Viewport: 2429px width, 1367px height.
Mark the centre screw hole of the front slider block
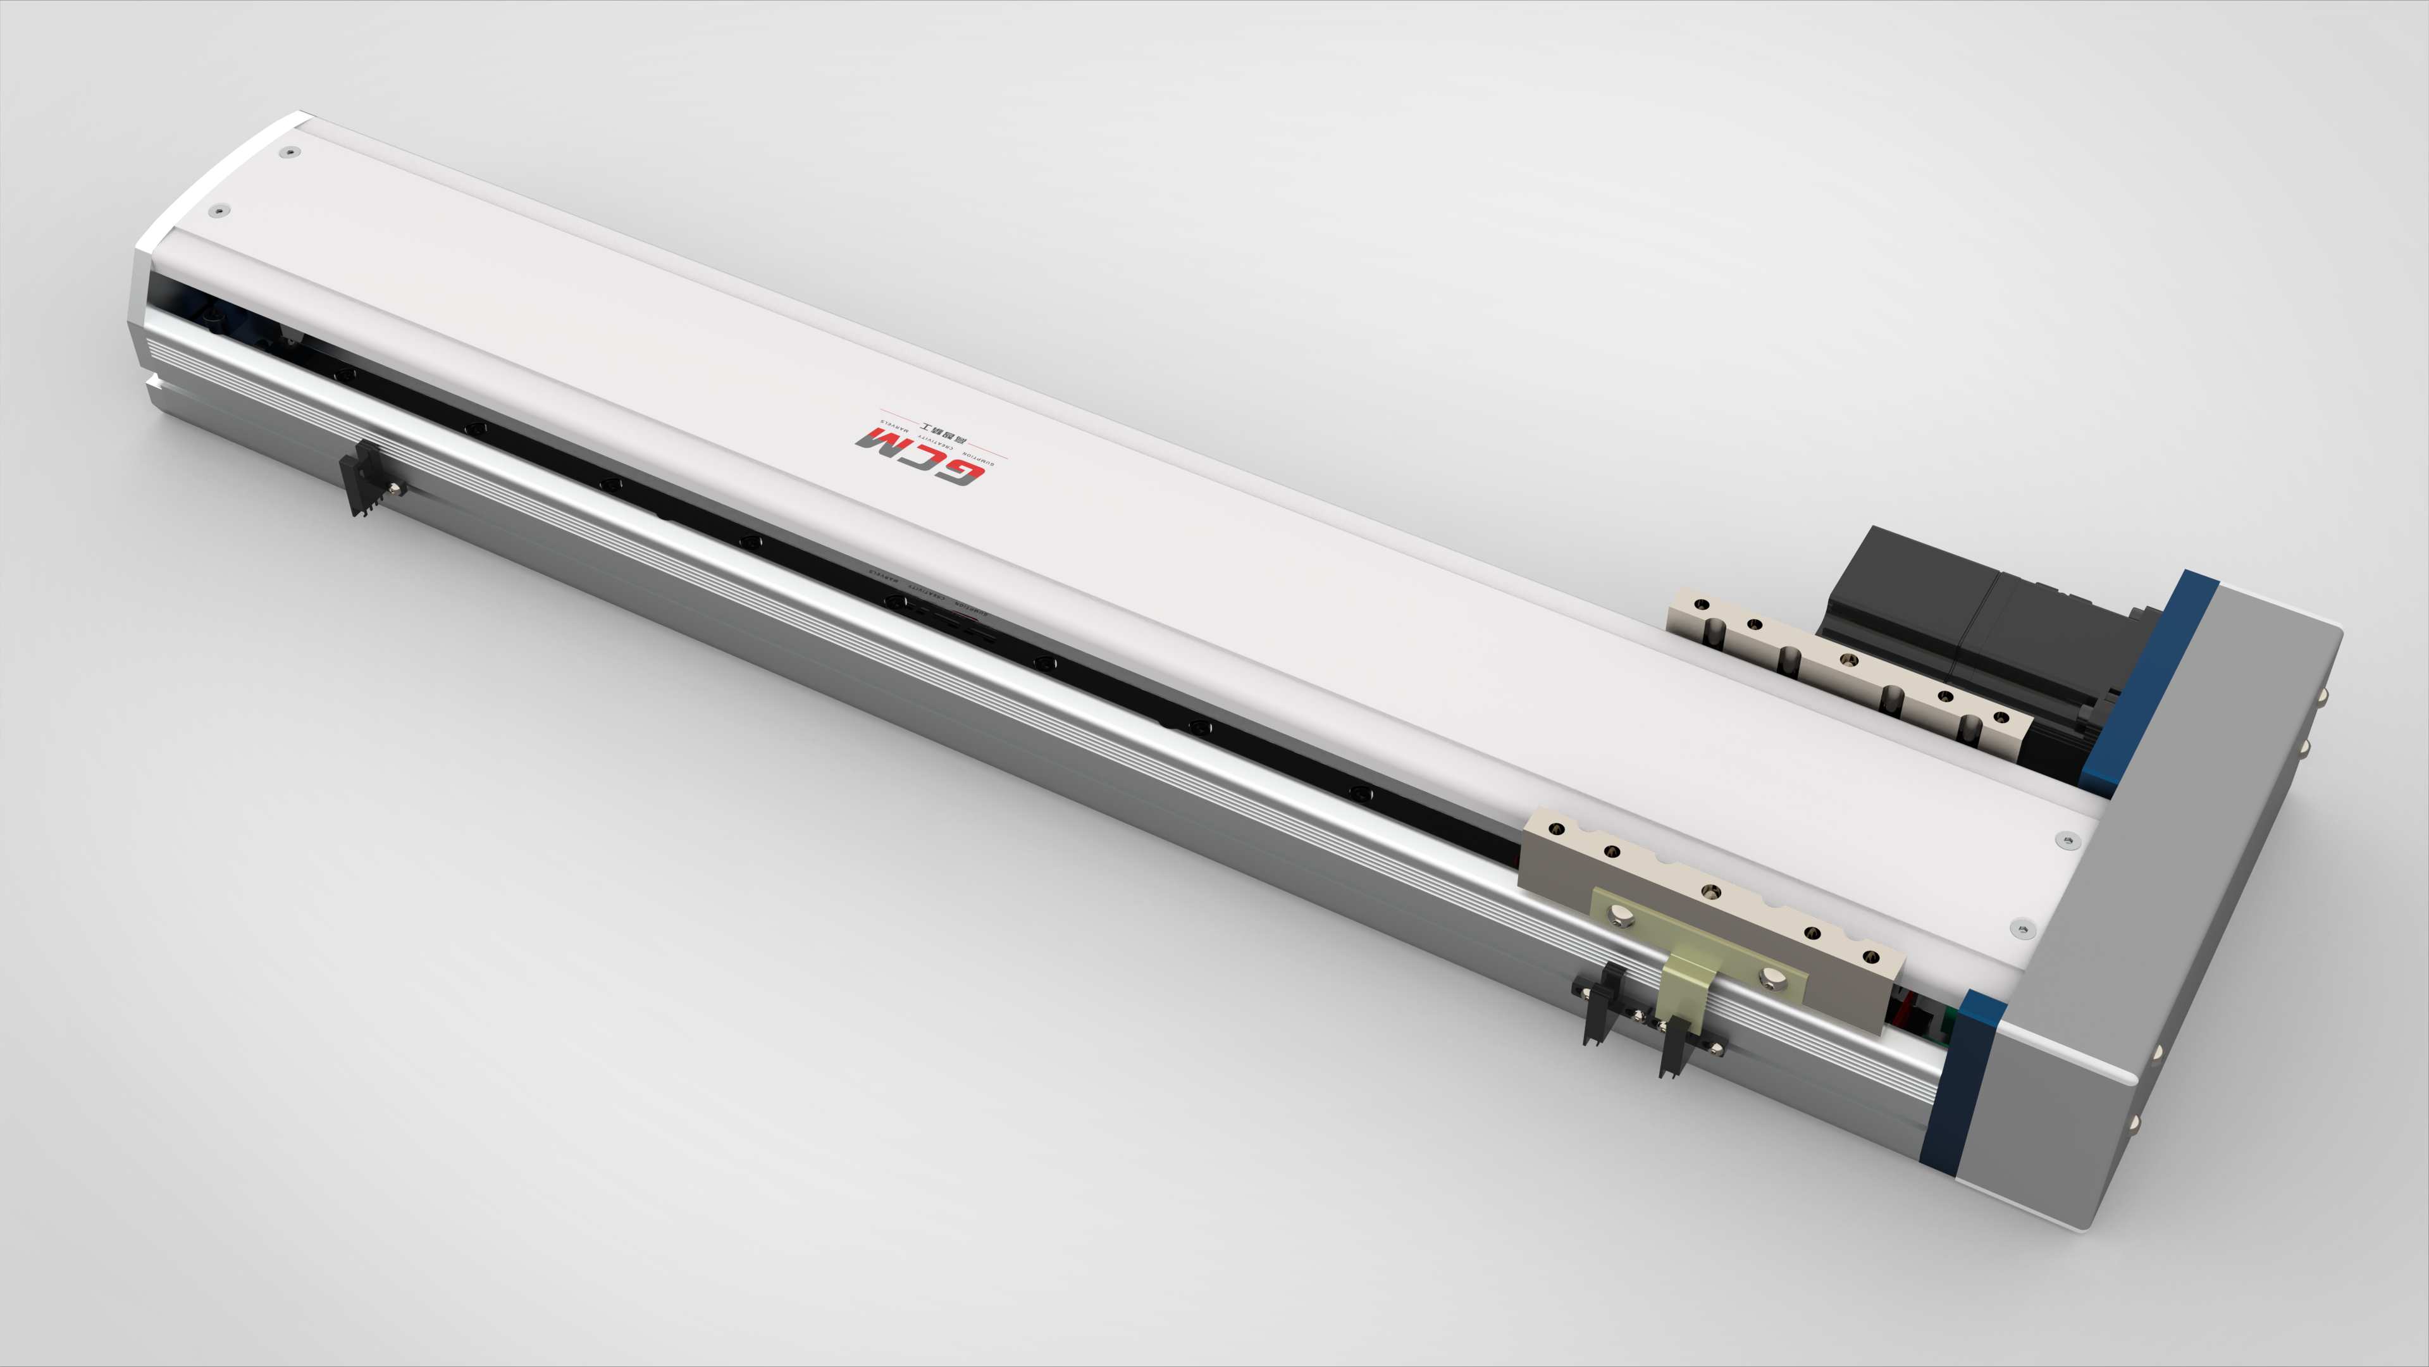point(1710,891)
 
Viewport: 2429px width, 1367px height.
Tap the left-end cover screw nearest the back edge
point(292,151)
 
